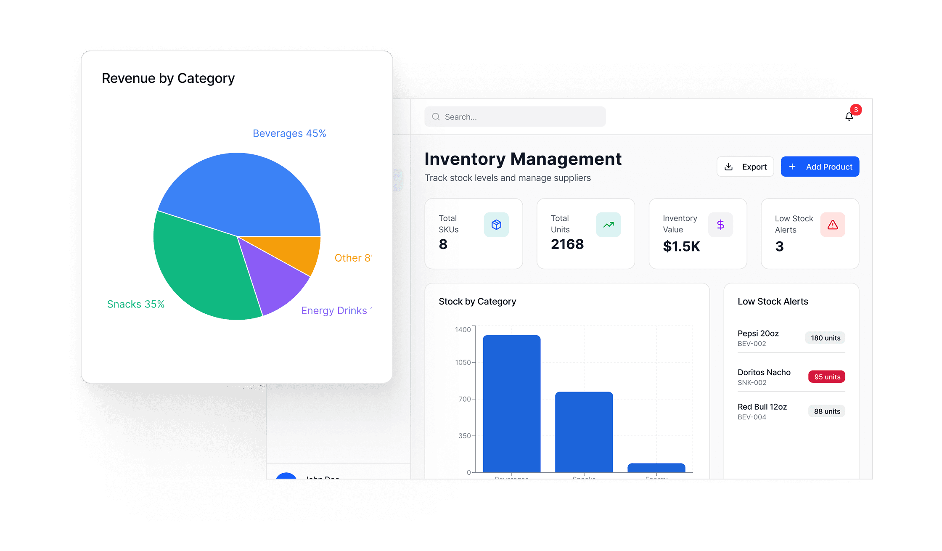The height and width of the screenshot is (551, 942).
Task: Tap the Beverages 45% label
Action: (x=289, y=133)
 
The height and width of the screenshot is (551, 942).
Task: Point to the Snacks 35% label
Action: (x=135, y=304)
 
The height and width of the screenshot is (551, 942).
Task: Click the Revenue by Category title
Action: (x=168, y=78)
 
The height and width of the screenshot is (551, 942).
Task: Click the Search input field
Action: (x=515, y=117)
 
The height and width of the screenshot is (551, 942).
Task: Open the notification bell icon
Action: (x=849, y=117)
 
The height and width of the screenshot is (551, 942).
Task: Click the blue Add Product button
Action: (x=820, y=167)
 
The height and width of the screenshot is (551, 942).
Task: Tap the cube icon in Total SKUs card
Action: (x=496, y=225)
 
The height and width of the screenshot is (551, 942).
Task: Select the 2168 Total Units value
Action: (x=567, y=244)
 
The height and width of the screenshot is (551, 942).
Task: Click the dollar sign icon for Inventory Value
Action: (x=720, y=225)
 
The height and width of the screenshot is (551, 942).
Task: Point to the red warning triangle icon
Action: (x=833, y=225)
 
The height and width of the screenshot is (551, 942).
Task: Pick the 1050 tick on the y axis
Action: (x=463, y=362)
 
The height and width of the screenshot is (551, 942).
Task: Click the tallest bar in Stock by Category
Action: (x=511, y=404)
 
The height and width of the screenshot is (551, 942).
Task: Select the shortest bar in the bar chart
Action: (x=656, y=468)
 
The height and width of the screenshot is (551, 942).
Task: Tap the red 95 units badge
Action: (x=827, y=377)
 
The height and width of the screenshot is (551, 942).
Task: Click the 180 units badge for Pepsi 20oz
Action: (x=825, y=338)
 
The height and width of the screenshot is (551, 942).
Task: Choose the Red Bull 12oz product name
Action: (x=762, y=407)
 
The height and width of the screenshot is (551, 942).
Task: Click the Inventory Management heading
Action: (x=523, y=159)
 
